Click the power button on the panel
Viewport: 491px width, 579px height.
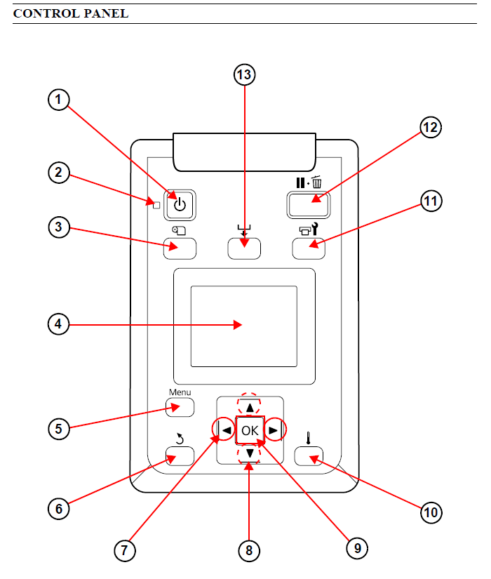point(180,204)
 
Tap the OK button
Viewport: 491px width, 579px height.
point(250,430)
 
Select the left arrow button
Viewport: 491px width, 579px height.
point(224,430)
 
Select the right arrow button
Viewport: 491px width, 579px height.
point(275,430)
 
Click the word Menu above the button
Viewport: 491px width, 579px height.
point(180,392)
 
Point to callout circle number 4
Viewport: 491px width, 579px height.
point(59,324)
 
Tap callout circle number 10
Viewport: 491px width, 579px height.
point(431,512)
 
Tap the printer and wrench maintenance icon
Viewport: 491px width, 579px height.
point(309,227)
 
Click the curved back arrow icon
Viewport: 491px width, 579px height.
point(180,440)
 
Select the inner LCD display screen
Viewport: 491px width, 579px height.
point(244,326)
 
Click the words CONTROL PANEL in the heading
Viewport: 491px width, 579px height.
point(71,13)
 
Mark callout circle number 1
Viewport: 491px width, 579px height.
point(59,100)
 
